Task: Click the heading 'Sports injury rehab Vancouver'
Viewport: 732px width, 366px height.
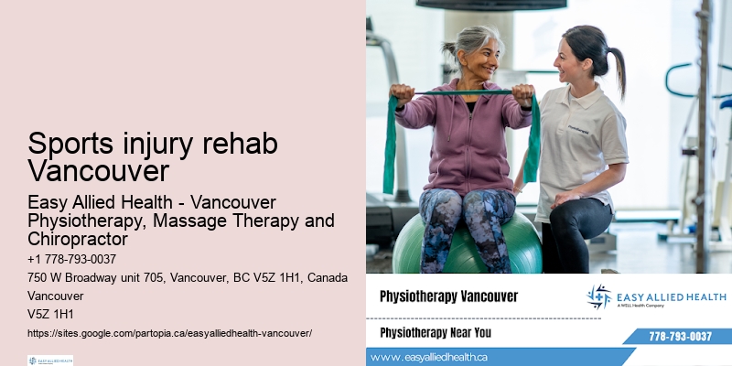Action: [152, 157]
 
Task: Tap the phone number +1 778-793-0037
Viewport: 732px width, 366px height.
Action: [72, 260]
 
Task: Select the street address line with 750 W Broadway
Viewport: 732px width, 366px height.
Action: [187, 278]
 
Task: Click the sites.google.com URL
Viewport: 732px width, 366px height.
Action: [169, 333]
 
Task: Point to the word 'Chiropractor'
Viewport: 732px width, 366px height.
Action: [77, 240]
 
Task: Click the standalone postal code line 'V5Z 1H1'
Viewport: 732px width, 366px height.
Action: [51, 314]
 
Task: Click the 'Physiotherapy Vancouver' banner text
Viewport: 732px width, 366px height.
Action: [448, 296]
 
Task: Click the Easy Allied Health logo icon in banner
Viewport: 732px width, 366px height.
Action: [599, 296]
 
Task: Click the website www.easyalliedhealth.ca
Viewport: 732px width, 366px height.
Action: [429, 357]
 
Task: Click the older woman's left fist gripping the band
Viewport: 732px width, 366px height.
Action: [522, 93]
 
